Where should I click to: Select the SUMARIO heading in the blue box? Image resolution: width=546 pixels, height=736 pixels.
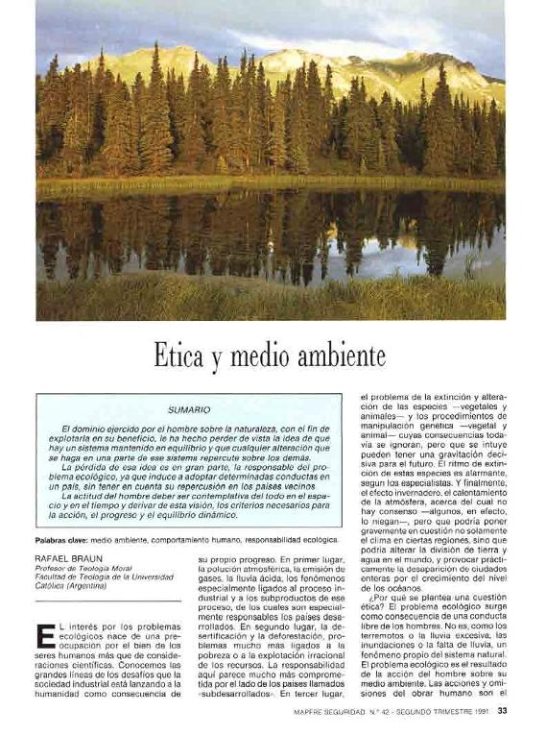(x=188, y=409)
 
